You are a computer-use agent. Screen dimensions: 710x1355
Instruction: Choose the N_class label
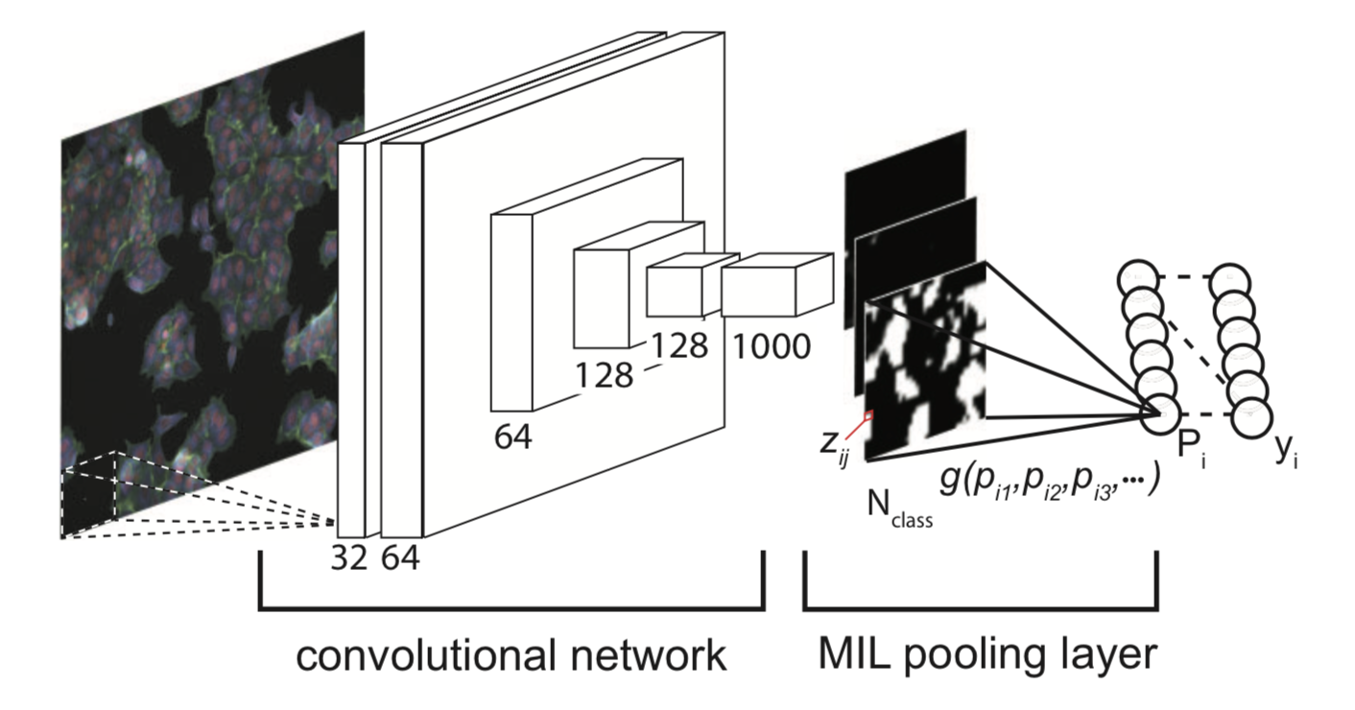pos(899,509)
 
